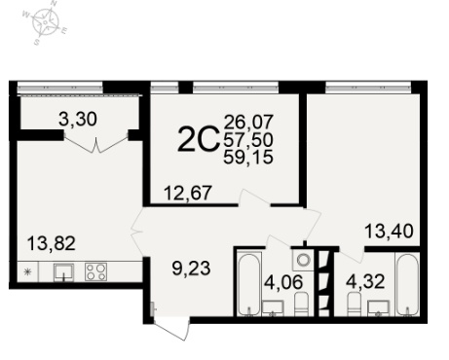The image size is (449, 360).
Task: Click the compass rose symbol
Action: [45, 22]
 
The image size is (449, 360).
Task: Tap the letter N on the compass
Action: [54, 4]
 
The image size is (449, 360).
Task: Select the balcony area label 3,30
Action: [78, 119]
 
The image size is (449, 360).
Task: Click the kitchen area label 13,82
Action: [52, 243]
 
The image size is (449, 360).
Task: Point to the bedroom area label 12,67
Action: [188, 193]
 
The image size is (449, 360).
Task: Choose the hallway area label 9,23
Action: [191, 269]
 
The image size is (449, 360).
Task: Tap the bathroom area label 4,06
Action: [283, 281]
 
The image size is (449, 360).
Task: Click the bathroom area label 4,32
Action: [365, 281]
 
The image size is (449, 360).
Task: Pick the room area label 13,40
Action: [389, 232]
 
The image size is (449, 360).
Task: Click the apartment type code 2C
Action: [198, 139]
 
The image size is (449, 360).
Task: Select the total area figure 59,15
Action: [248, 158]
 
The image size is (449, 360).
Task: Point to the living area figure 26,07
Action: [248, 122]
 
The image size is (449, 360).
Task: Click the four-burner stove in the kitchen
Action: [96, 271]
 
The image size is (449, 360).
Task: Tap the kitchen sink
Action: [63, 272]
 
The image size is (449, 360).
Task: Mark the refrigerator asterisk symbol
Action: [28, 271]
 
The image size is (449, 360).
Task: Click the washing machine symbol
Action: [304, 260]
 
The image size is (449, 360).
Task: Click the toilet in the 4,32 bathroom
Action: [355, 304]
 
